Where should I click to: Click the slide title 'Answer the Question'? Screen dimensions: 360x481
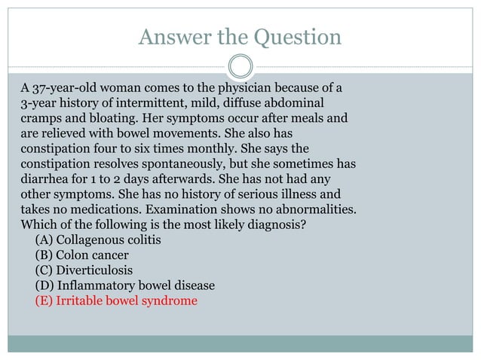pyautogui.click(x=240, y=36)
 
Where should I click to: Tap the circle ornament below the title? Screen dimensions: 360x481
pyautogui.click(x=240, y=66)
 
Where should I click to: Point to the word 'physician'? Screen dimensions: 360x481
pyautogui.click(x=272, y=87)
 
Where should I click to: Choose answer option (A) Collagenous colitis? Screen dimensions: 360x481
pyautogui.click(x=98, y=240)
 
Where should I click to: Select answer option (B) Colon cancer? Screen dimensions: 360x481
pyautogui.click(x=81, y=255)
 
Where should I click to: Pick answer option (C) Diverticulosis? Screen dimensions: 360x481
pyautogui.click(x=84, y=270)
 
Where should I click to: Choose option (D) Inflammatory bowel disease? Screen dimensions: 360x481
pyautogui.click(x=124, y=285)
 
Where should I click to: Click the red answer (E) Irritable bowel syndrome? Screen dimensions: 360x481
pyautogui.click(x=115, y=301)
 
